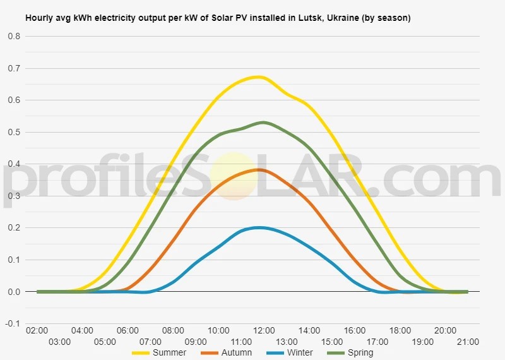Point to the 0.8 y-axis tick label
point(14,37)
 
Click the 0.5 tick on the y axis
point(14,133)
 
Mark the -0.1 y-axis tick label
point(13,323)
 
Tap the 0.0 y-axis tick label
point(14,292)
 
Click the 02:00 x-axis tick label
point(37,330)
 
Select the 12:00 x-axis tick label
point(264,330)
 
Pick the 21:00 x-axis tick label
point(468,342)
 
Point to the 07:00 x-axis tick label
point(150,342)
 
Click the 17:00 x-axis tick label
point(377,342)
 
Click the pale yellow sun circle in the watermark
point(234,176)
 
